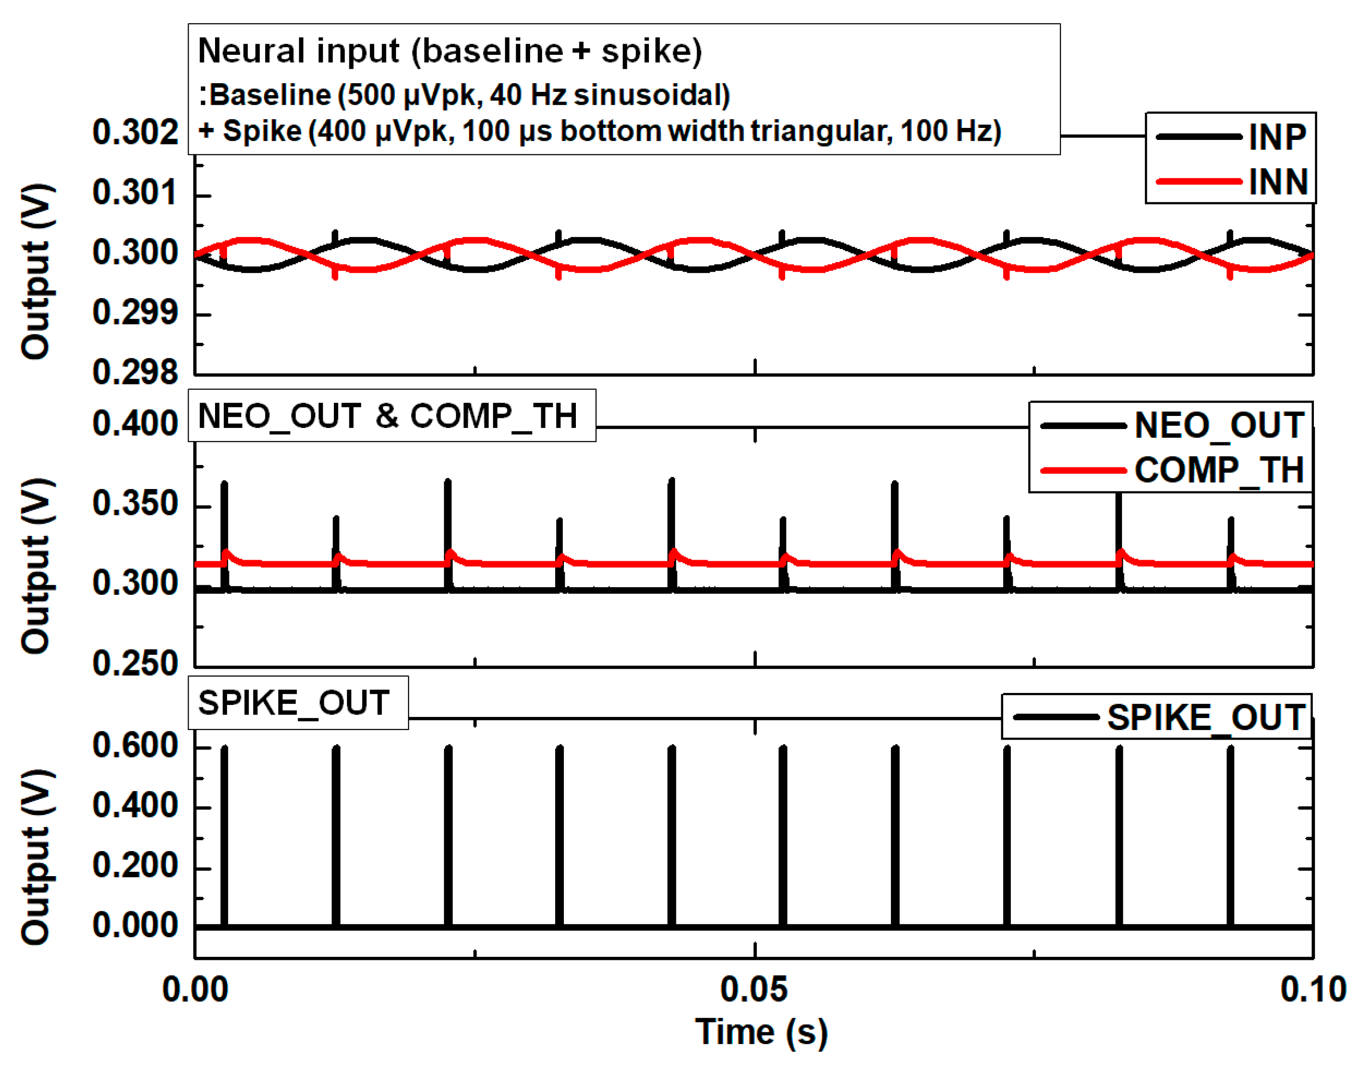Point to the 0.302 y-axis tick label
pyautogui.click(x=135, y=133)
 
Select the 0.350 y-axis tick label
pyautogui.click(x=135, y=503)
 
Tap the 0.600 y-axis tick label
pyautogui.click(x=135, y=745)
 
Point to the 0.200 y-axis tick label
pyautogui.click(x=135, y=866)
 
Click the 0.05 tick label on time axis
pyautogui.click(x=753, y=989)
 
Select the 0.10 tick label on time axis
pyautogui.click(x=1312, y=989)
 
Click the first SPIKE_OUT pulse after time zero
pyautogui.click(x=224, y=838)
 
